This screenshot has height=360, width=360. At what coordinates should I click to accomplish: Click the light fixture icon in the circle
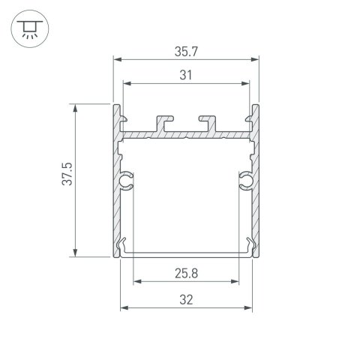[x=28, y=28]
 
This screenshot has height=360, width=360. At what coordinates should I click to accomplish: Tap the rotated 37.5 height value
[x=67, y=181]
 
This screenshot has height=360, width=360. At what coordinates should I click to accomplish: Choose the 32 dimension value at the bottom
[x=186, y=299]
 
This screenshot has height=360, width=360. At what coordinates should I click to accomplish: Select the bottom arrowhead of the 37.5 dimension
[x=76, y=253]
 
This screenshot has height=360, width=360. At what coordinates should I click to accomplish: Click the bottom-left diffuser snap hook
[x=124, y=245]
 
